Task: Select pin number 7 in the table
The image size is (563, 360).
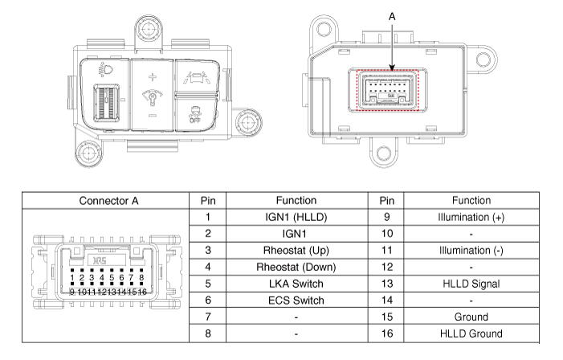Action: tap(207, 317)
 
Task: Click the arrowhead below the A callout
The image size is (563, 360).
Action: tap(392, 69)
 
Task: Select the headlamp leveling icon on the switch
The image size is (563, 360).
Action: tap(105, 70)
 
